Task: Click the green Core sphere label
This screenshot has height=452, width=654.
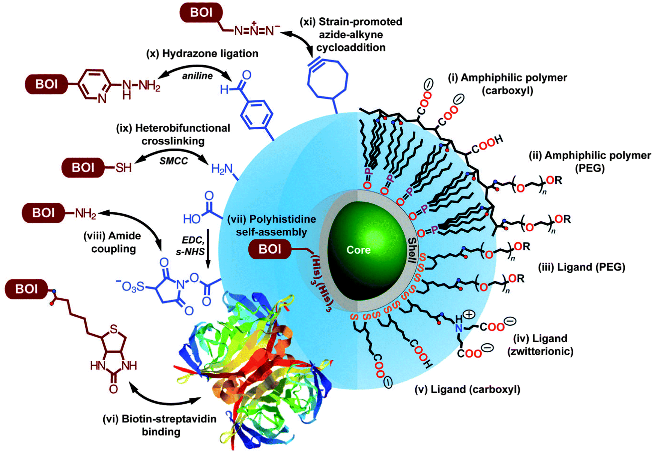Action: [358, 250]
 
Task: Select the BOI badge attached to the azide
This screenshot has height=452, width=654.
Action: [201, 13]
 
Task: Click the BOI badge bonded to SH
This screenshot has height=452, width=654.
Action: [83, 167]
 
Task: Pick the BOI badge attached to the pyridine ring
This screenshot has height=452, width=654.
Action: [47, 84]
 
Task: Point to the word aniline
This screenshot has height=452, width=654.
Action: [197, 76]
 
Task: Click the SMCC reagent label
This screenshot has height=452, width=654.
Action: [174, 161]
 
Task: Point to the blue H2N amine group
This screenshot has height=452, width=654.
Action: [222, 169]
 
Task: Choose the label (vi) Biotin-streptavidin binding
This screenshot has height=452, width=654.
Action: [160, 425]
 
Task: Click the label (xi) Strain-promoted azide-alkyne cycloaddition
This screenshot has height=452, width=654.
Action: [351, 34]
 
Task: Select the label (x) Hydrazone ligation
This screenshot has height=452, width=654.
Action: [202, 54]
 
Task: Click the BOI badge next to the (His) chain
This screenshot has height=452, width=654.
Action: [270, 249]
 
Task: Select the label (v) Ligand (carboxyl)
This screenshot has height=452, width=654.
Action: [467, 389]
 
